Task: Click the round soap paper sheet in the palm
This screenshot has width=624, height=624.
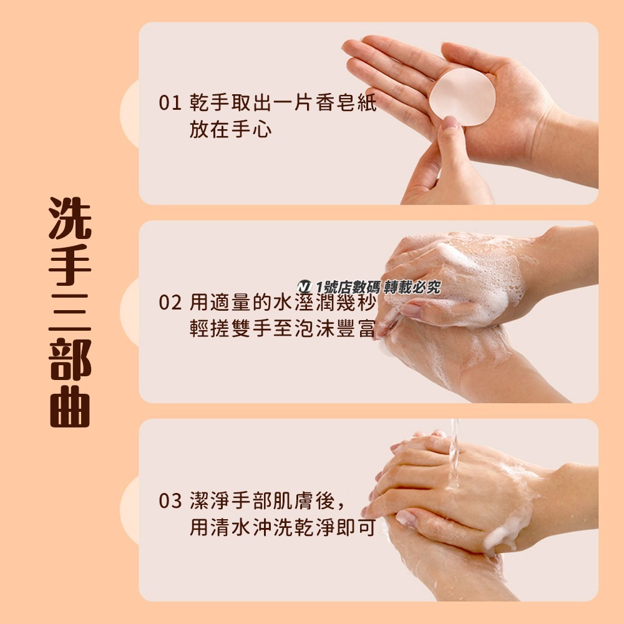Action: coord(462,97)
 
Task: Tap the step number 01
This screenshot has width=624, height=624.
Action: coord(169,103)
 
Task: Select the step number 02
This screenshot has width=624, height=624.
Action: coord(170,303)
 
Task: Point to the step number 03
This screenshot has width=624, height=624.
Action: coord(170,501)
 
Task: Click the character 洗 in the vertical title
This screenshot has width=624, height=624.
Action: coord(70,218)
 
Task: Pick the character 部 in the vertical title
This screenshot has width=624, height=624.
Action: coord(70,360)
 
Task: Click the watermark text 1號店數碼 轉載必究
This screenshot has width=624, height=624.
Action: coord(378,287)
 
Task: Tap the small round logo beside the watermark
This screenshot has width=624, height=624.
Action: coord(305,286)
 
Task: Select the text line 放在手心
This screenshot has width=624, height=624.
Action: coord(230,130)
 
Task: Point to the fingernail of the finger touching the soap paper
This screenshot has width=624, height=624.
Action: coord(447,124)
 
